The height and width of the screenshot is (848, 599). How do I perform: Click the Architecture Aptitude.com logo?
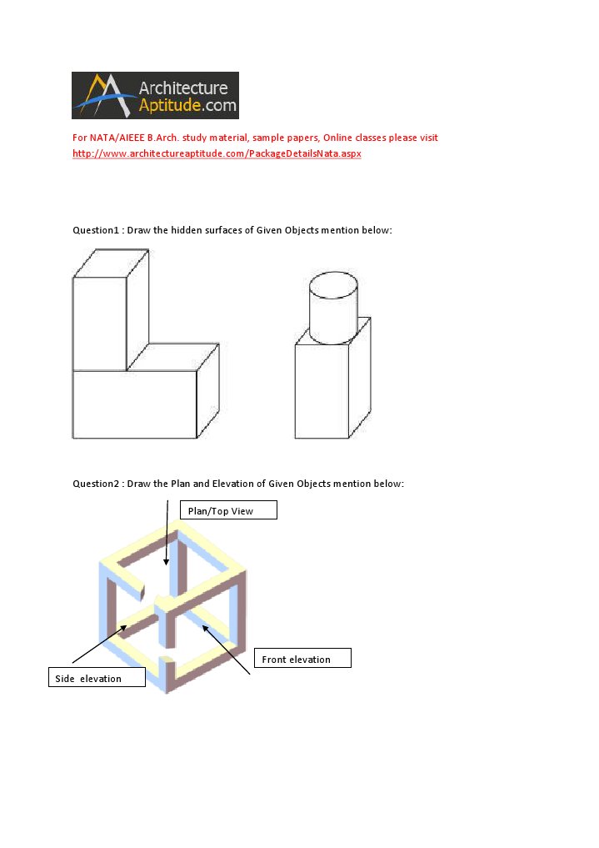point(155,95)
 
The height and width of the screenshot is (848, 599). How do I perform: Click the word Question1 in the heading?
point(96,229)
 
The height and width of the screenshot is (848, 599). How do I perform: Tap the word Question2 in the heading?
point(96,484)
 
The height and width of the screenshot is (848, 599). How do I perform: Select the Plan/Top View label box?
point(226,510)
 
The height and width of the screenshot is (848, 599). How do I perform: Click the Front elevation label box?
point(301,659)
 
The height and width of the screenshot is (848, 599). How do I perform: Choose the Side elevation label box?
point(95,678)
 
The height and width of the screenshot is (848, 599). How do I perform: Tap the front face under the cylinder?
point(321,390)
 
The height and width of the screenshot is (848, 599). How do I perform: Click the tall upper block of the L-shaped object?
point(99,324)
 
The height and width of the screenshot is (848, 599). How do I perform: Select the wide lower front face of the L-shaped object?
point(134,404)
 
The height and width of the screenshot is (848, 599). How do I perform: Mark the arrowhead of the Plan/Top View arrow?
point(166,562)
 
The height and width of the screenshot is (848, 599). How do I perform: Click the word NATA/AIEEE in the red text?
point(115,138)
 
